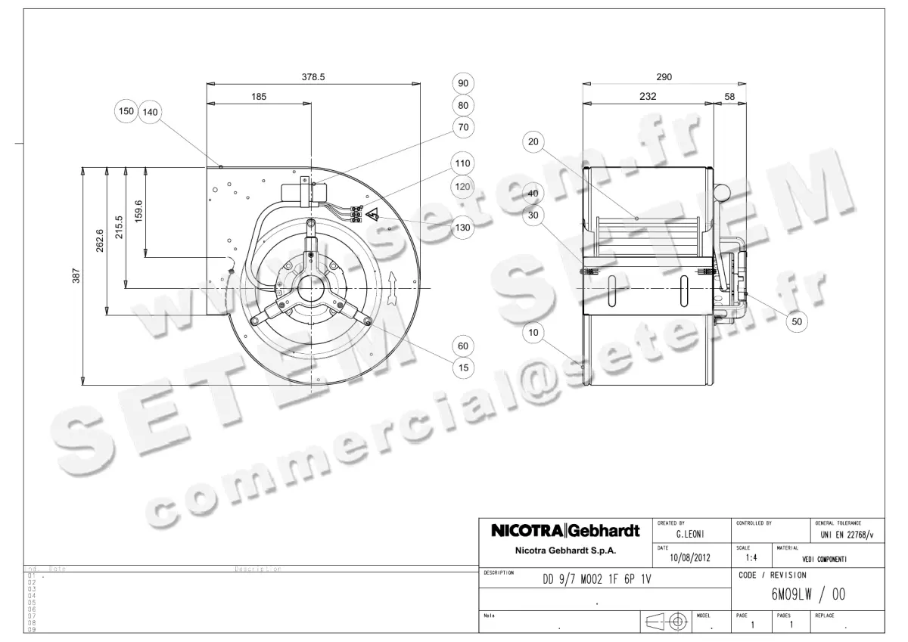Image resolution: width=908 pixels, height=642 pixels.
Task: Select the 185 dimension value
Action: click(259, 97)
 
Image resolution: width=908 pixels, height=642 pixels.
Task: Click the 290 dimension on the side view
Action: click(664, 76)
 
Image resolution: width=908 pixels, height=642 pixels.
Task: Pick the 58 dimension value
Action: click(729, 97)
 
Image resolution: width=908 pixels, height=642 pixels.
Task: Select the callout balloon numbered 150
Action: click(126, 111)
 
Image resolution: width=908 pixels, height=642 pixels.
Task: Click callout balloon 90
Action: click(463, 83)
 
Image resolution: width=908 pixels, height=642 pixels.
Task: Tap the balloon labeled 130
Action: click(463, 228)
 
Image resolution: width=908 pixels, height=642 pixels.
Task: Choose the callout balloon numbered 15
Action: click(463, 368)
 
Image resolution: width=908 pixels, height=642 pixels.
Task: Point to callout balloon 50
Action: click(796, 322)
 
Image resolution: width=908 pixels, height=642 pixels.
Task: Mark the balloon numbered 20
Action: click(534, 141)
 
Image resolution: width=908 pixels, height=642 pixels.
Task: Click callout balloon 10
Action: click(534, 332)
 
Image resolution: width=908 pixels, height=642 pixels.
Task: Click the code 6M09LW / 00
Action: click(808, 595)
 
